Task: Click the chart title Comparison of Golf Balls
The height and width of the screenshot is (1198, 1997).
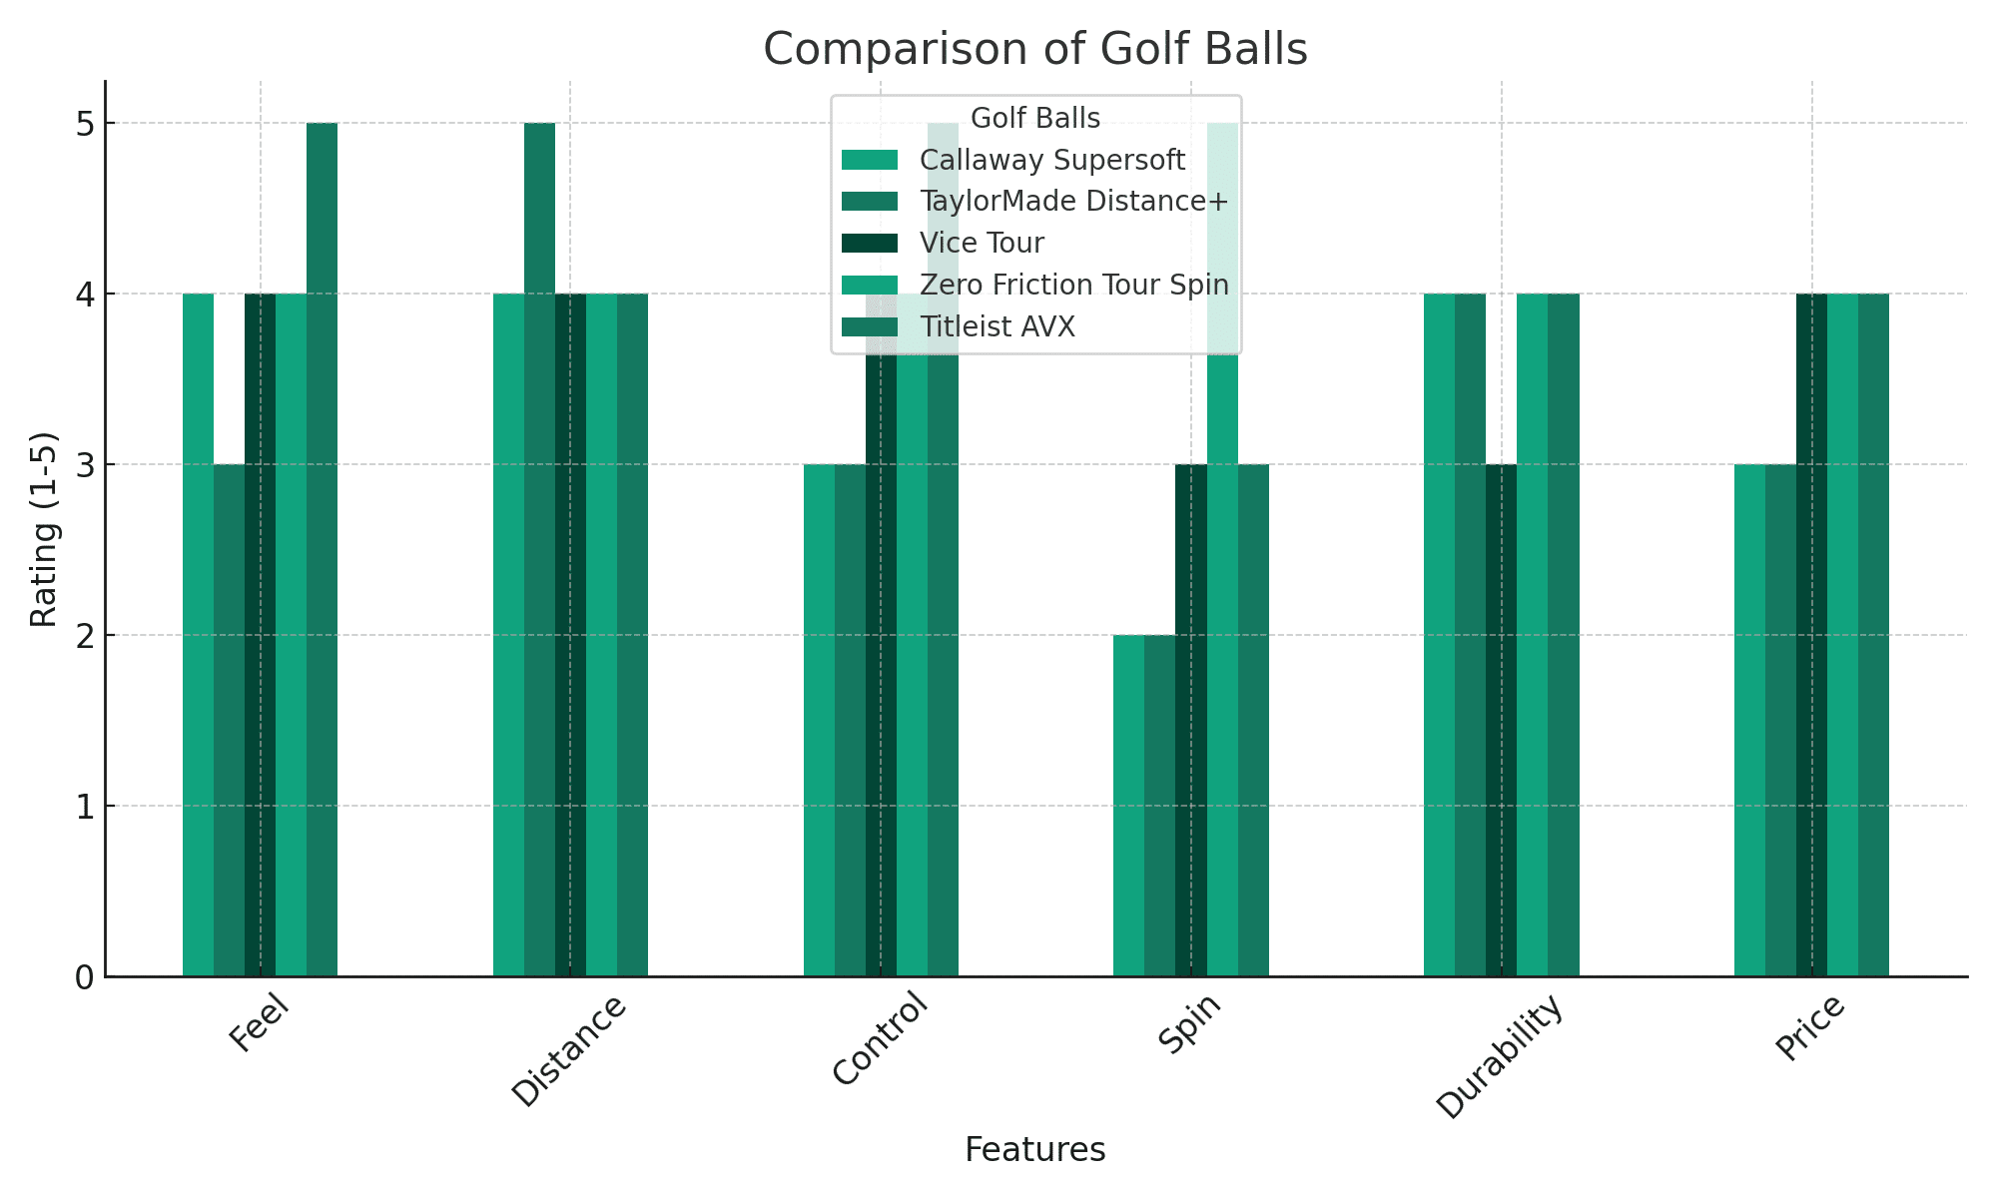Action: tap(1034, 49)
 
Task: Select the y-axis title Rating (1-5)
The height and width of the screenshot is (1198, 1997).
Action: tap(43, 529)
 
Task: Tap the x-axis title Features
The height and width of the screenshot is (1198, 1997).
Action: tap(1034, 1150)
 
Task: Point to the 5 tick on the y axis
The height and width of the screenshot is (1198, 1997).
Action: tap(84, 124)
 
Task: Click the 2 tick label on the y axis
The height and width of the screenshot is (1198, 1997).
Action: tap(84, 636)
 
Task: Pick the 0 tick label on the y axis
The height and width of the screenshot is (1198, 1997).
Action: tap(84, 977)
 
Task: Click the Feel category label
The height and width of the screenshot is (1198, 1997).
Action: tap(260, 1024)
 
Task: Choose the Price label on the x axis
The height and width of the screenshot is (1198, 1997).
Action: tap(1810, 1029)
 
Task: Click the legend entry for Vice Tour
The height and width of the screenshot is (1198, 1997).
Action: tap(982, 244)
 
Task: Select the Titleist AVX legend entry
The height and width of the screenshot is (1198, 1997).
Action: tap(997, 327)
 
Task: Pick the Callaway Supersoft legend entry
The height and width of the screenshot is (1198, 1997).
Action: tap(1051, 161)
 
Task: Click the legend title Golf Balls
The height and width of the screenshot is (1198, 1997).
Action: tap(1034, 119)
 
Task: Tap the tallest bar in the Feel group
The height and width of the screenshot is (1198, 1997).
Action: tap(322, 549)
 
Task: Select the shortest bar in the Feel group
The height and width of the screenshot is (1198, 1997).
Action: tap(229, 719)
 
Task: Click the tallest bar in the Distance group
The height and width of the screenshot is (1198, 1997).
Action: tap(539, 549)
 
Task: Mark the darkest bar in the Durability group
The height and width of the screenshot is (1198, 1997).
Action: tap(1501, 719)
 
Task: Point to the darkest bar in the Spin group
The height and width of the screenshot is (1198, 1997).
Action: tap(1190, 719)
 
